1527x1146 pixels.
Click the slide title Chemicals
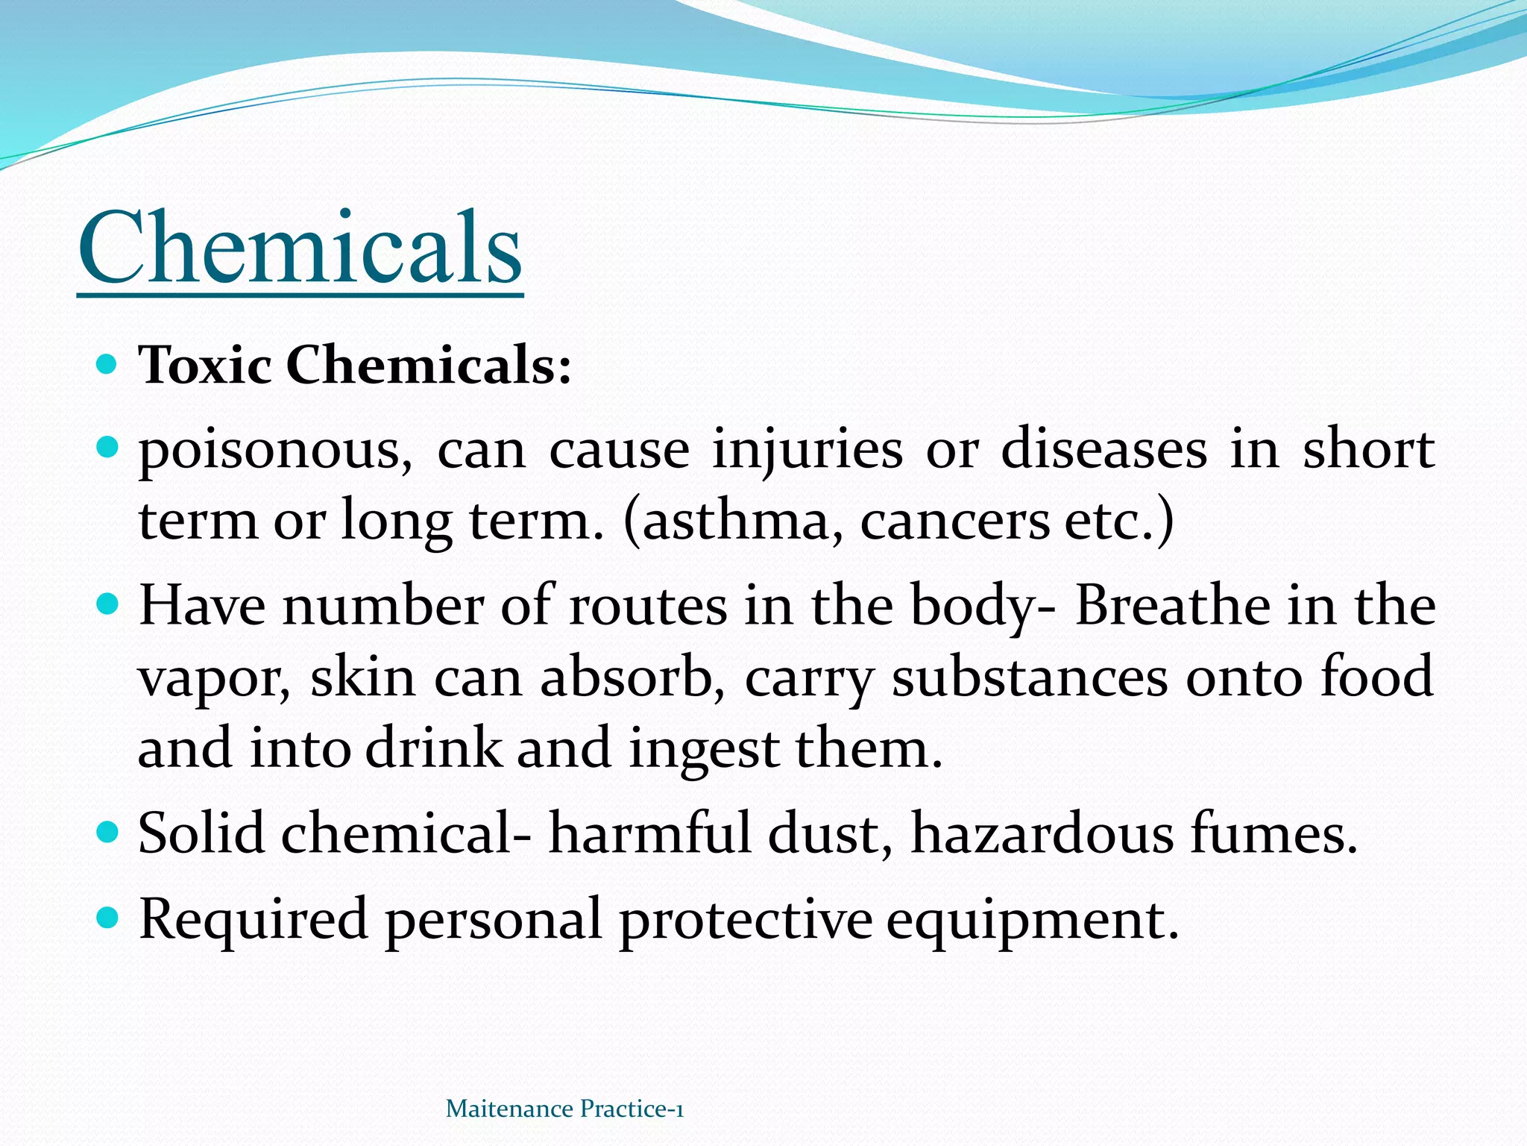point(300,248)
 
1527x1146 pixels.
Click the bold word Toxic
point(205,366)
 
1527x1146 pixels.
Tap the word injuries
point(807,451)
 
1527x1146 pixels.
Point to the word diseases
point(1103,449)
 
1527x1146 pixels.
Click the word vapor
point(213,677)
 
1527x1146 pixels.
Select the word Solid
point(201,833)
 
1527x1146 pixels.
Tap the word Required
point(254,919)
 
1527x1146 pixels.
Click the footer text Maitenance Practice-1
point(564,1109)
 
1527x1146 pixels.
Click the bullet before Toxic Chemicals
point(108,365)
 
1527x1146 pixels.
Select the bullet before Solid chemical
point(108,831)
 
